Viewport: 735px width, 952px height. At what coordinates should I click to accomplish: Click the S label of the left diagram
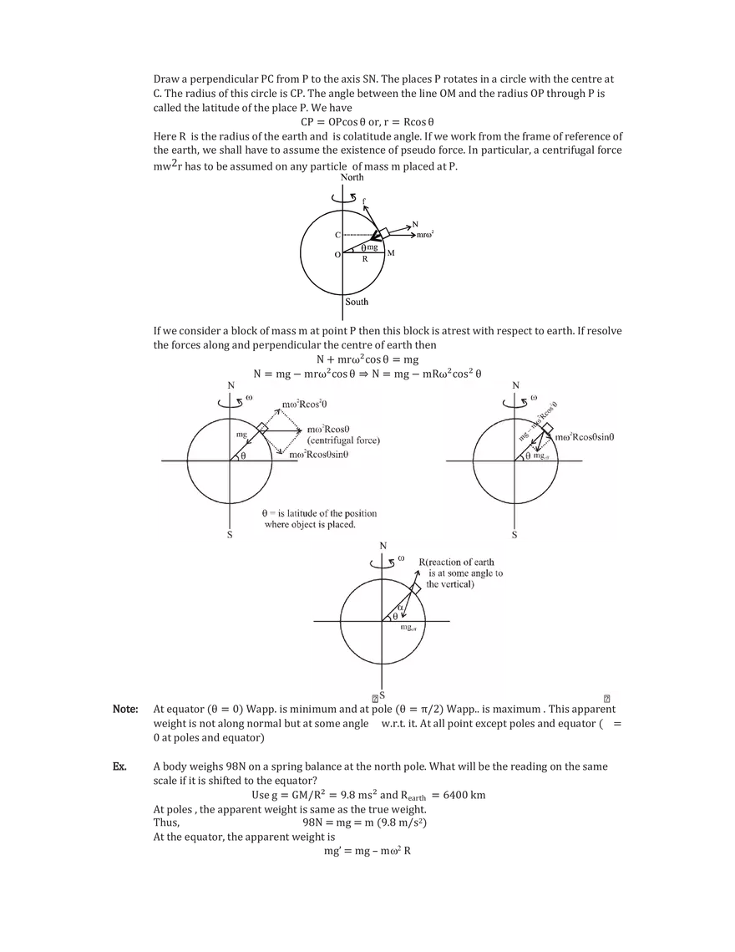point(230,534)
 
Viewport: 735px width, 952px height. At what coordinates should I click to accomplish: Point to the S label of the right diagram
point(514,534)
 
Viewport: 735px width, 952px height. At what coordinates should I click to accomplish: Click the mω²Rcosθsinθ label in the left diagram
point(330,455)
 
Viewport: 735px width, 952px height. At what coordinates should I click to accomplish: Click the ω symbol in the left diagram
point(249,398)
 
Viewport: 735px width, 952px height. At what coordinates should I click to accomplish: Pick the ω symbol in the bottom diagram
point(402,557)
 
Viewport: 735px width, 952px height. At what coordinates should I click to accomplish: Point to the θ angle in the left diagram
point(243,456)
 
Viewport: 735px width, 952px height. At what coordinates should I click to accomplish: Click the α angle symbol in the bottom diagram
point(401,607)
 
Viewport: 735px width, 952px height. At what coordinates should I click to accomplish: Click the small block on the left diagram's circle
point(262,428)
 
